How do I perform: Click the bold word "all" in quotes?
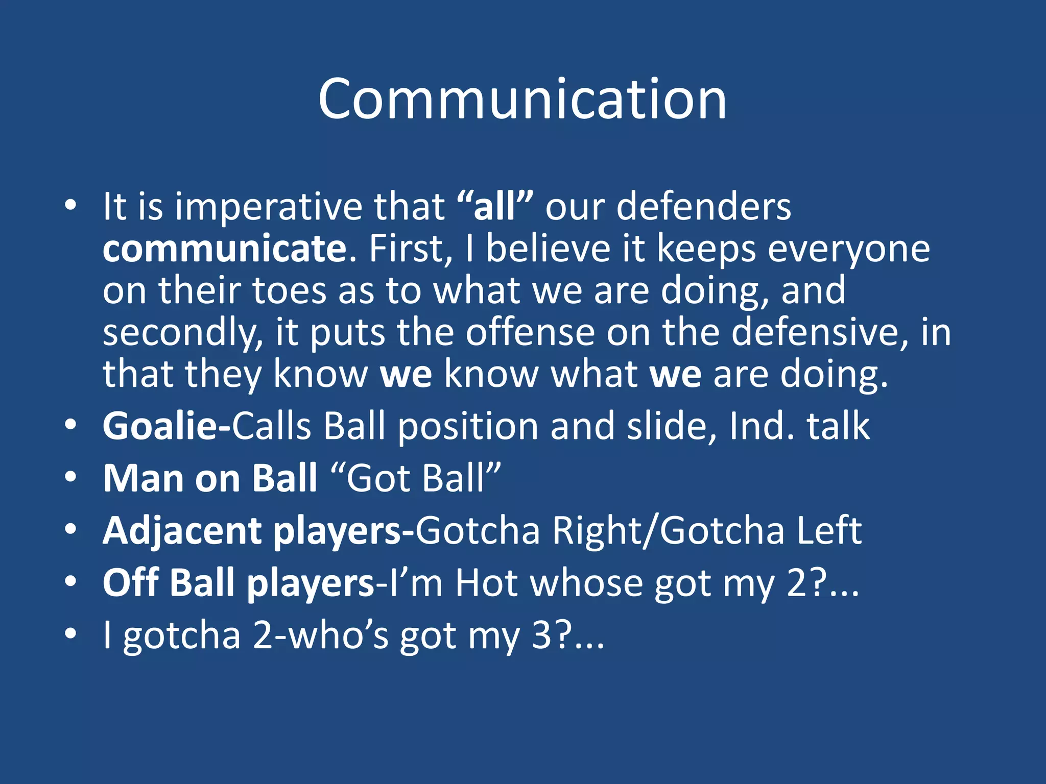[494, 207]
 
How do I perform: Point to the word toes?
[289, 290]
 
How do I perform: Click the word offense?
[530, 332]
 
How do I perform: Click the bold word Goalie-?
[167, 426]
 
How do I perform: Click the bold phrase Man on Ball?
[210, 478]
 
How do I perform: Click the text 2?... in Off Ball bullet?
[822, 583]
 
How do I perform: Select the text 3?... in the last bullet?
[567, 635]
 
